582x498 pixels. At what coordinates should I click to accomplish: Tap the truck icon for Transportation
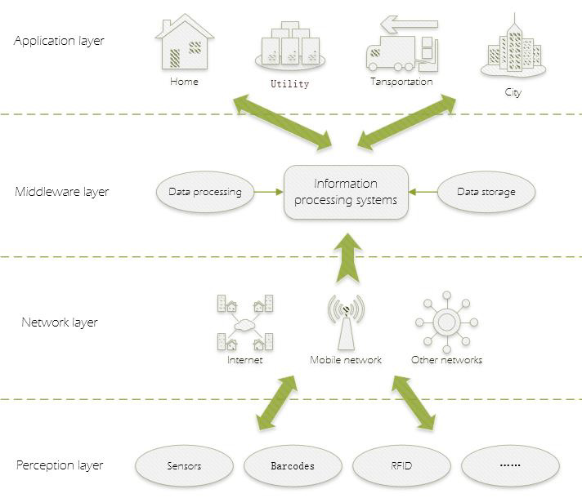pos(401,47)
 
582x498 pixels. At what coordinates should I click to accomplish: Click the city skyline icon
pos(513,49)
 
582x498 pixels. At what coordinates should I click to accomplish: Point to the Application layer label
pos(59,41)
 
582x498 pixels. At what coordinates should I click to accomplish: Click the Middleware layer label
pos(62,193)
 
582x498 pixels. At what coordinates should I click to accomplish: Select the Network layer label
pos(59,322)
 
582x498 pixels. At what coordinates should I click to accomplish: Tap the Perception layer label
pos(60,465)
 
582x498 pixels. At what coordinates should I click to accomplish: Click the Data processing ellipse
pos(204,193)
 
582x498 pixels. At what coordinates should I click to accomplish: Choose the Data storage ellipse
pos(486,193)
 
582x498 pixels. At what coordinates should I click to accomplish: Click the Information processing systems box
pos(346,193)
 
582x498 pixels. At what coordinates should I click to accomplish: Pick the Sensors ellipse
pos(184,466)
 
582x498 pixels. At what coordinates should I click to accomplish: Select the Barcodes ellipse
pos(293,466)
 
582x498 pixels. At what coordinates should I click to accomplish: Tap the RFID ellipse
pos(401,466)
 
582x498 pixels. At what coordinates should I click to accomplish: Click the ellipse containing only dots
pos(510,466)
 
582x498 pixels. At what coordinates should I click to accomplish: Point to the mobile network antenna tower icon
pos(346,322)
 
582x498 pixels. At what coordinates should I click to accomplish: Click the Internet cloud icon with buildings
pos(245,323)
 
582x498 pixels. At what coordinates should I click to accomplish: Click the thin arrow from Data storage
pos(423,193)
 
